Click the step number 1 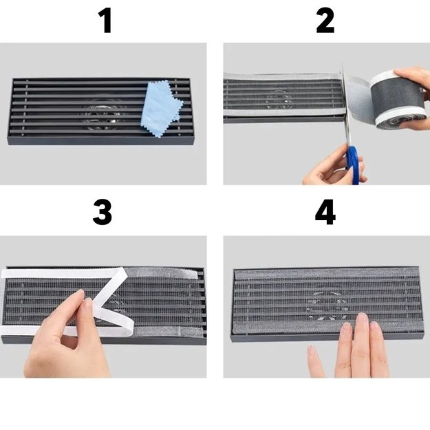click(x=105, y=21)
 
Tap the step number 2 click(x=325, y=21)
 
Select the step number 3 click(x=103, y=212)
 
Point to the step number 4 click(x=325, y=212)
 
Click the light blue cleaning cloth click(x=162, y=109)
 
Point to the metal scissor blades click(x=345, y=104)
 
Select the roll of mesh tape click(x=398, y=100)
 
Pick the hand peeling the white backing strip click(x=67, y=340)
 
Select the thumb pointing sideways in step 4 click(x=316, y=361)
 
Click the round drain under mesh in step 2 click(x=280, y=98)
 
